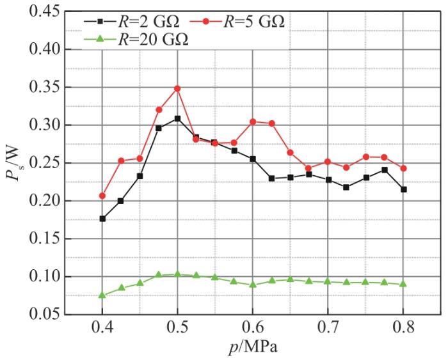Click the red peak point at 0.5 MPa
tap(177, 88)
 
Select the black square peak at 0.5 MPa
tap(177, 118)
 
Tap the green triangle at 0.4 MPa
tap(102, 295)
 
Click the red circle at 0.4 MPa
tap(102, 196)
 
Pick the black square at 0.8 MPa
tap(404, 189)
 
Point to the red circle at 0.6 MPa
tap(253, 121)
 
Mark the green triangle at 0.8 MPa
tap(404, 284)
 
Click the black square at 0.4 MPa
tap(102, 219)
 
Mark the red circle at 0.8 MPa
tap(404, 168)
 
